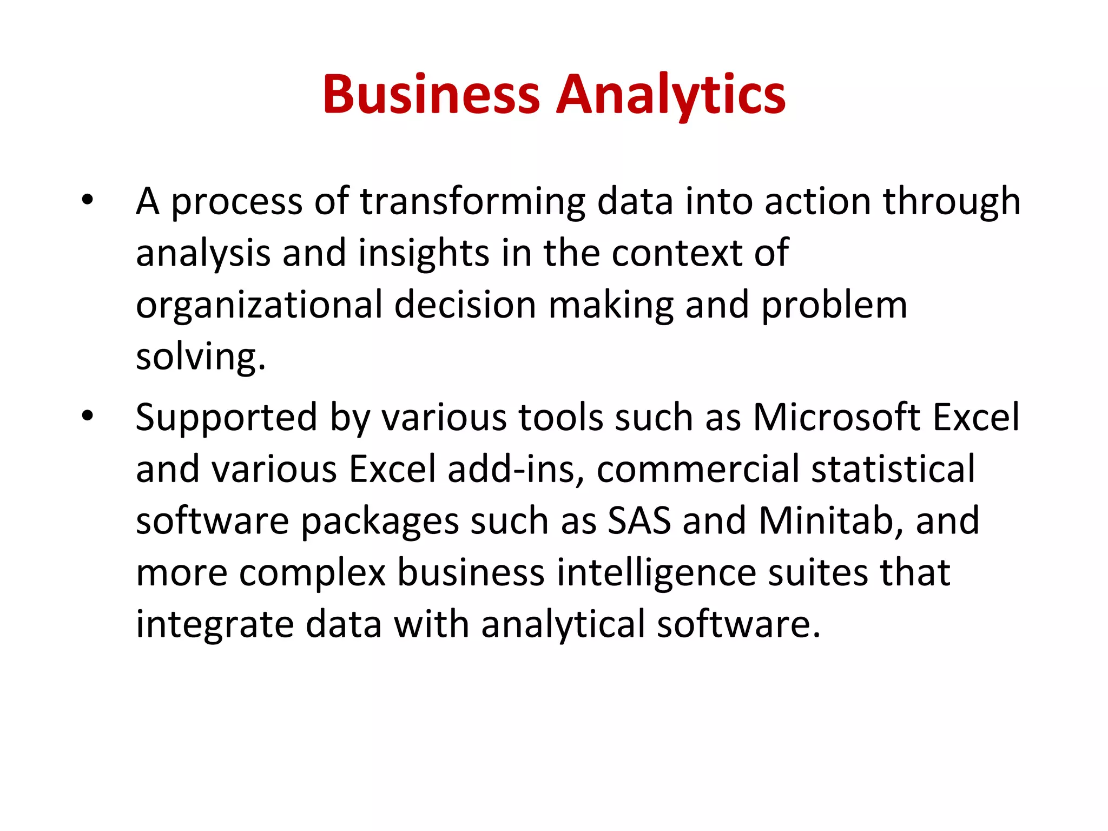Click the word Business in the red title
pyautogui.click(x=431, y=94)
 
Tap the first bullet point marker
pyautogui.click(x=87, y=201)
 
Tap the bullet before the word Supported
pyautogui.click(x=87, y=417)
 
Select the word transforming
pyautogui.click(x=472, y=201)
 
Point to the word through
pyautogui.click(x=952, y=201)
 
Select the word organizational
pyautogui.click(x=259, y=305)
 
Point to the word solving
pyautogui.click(x=200, y=357)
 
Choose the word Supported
pyautogui.click(x=226, y=418)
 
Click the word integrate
pyautogui.click(x=215, y=624)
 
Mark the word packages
pyautogui.click(x=379, y=522)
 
